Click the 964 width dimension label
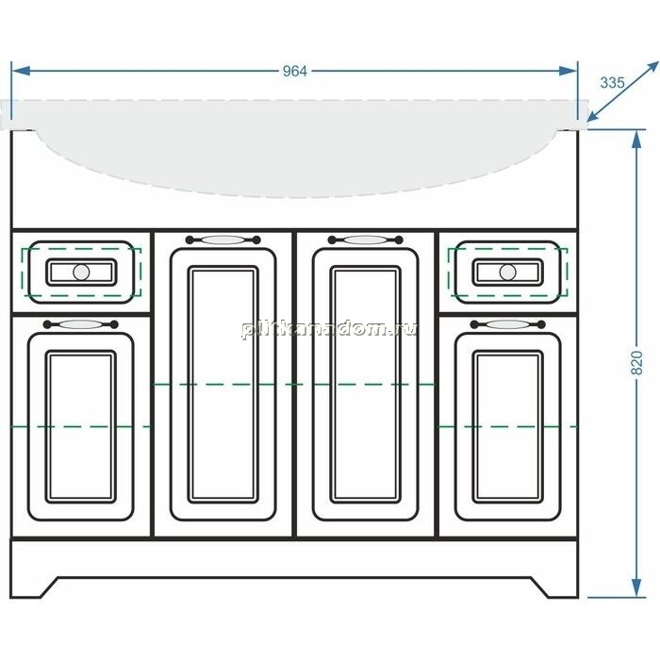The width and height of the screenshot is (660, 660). click(x=294, y=72)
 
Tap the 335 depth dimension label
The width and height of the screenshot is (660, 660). click(x=612, y=83)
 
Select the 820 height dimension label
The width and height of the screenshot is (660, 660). click(x=637, y=362)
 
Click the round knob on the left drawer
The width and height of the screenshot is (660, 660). click(x=81, y=272)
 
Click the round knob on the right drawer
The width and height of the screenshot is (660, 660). click(x=507, y=272)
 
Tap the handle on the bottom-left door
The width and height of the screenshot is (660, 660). click(x=81, y=324)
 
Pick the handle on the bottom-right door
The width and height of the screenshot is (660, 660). click(x=507, y=324)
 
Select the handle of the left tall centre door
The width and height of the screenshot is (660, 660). click(x=223, y=239)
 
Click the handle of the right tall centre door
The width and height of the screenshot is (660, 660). click(x=366, y=239)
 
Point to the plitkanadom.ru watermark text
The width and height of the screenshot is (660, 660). click(x=329, y=329)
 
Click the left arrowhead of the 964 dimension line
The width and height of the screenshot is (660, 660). click(x=21, y=71)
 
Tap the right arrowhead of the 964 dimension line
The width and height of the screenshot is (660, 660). click(x=568, y=71)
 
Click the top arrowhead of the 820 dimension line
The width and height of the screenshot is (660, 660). click(x=636, y=139)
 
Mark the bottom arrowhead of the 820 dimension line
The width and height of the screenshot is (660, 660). click(x=636, y=587)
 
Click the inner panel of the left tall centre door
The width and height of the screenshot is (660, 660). click(x=223, y=385)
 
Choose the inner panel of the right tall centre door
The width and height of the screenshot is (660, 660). click(x=366, y=385)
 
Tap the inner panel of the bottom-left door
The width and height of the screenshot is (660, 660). click(x=80, y=426)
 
